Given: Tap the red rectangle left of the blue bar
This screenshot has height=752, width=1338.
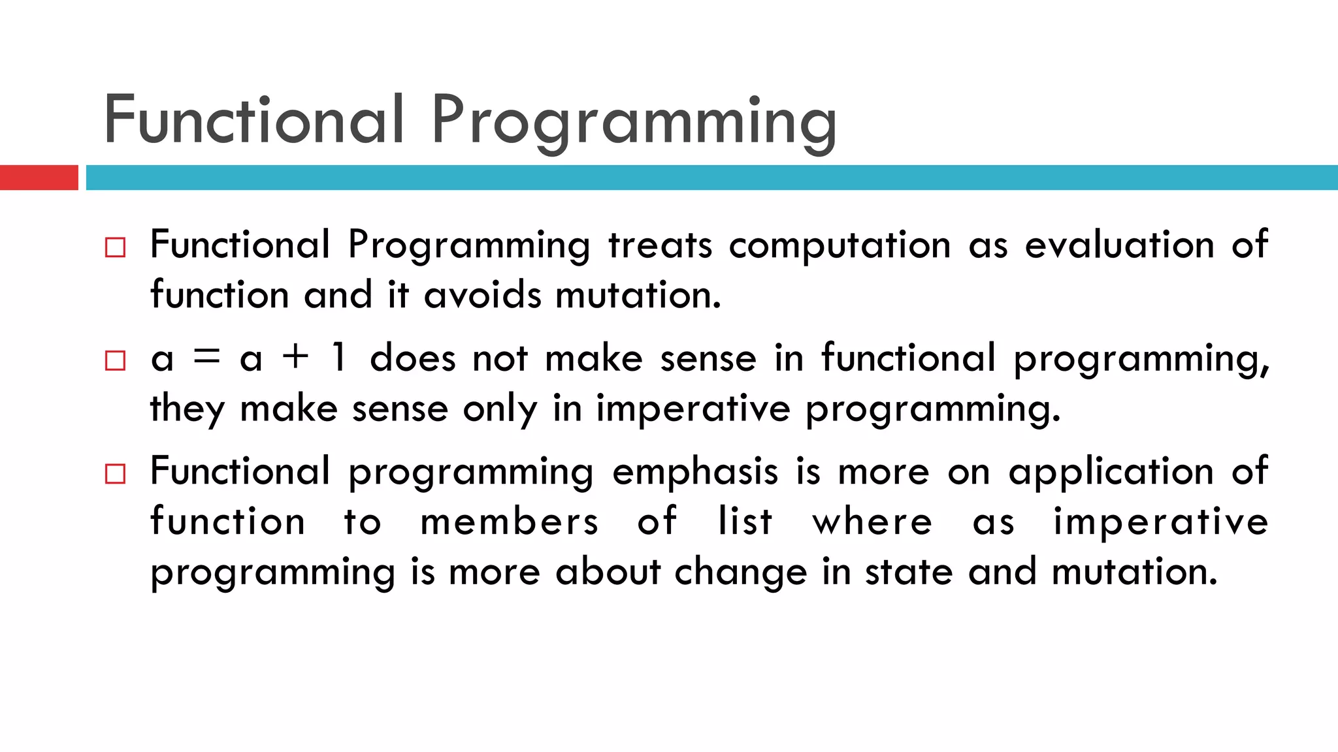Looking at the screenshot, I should [39, 178].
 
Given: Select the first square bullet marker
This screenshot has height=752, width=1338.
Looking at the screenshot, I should [115, 247].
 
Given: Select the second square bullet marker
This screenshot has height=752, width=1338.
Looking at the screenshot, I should [115, 360].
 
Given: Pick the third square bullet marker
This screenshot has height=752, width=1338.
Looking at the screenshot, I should [115, 474].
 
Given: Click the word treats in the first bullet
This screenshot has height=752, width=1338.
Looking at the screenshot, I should [660, 245].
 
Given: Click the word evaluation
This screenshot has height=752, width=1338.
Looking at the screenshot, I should [1119, 245].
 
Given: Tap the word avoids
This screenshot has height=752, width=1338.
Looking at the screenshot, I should [482, 295].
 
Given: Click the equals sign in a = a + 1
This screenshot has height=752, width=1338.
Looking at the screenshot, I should [207, 358].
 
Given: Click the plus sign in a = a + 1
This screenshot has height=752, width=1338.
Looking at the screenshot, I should [295, 357].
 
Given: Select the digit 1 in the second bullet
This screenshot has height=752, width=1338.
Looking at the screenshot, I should [338, 358].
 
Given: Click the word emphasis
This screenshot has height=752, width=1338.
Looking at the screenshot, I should [695, 472].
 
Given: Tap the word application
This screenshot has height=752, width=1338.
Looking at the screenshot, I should [1111, 472].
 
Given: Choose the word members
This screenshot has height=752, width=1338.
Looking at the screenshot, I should [509, 522].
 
